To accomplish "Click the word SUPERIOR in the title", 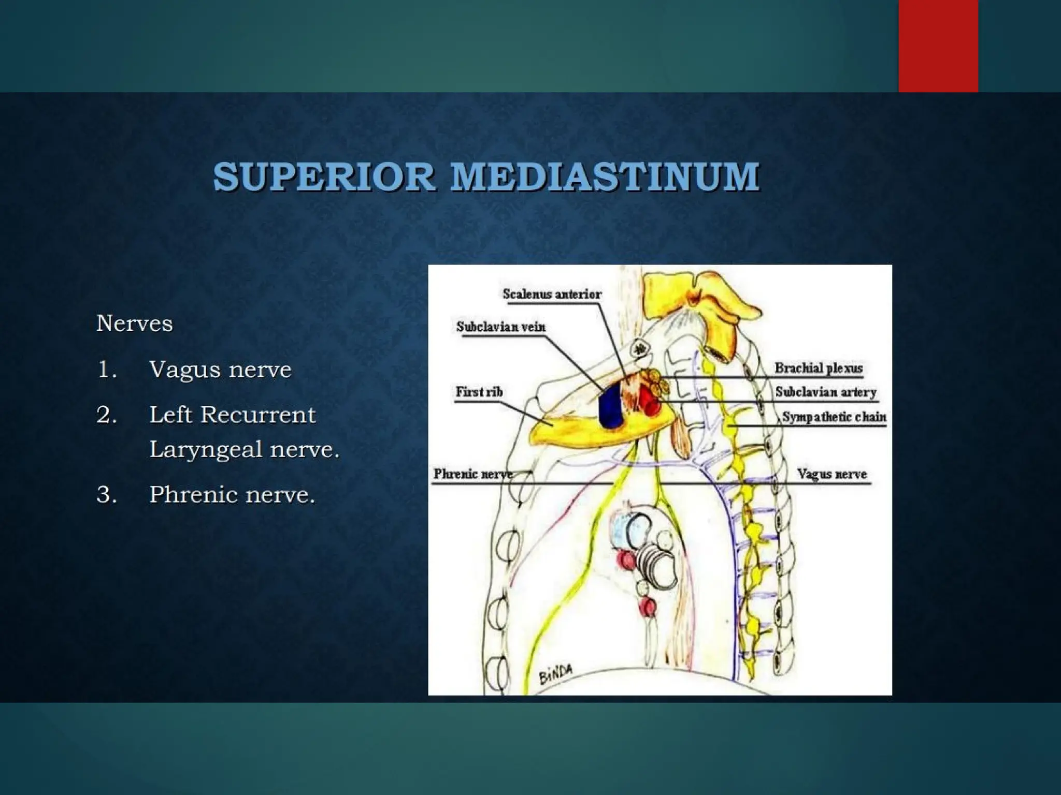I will [324, 177].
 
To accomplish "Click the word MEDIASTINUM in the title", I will [605, 177].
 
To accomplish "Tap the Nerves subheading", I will [135, 324].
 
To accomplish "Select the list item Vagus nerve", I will [220, 370].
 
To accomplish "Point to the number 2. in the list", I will [106, 415].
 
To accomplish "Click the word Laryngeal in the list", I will [207, 449].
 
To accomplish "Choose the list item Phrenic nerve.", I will [232, 495].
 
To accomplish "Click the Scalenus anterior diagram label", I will [552, 295].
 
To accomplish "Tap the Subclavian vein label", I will [500, 327].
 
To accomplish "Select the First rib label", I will [479, 392].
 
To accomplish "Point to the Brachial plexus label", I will [819, 368].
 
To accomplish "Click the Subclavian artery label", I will [825, 392].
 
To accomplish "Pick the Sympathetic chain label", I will [834, 417].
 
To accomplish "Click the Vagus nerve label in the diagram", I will [831, 474].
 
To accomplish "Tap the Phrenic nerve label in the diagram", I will [472, 474].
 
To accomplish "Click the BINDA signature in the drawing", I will [556, 674].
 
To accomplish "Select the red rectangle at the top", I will [938, 46].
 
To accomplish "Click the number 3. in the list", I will [106, 495].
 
